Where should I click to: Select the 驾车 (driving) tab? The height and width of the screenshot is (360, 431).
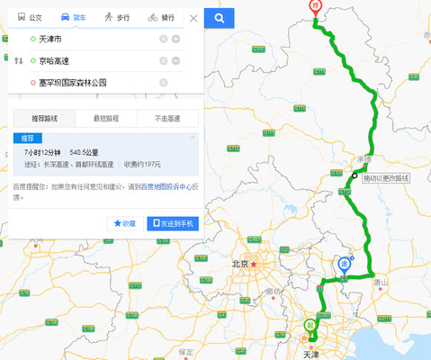pos(74,17)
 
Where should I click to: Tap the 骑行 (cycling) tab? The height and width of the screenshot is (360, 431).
pos(162,17)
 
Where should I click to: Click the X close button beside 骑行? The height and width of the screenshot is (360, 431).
pos(193,18)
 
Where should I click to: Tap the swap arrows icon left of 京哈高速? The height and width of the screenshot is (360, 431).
pos(19,61)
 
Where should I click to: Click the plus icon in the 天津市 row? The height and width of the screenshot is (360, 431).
pos(176,39)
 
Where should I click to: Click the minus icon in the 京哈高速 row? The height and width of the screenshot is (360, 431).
pos(176,61)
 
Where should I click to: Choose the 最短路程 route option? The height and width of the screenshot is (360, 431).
pos(105,118)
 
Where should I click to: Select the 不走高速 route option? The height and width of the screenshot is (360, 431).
pos(166,118)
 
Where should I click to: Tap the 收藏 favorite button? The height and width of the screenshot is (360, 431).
pos(125,223)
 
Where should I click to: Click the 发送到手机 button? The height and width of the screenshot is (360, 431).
pos(172,223)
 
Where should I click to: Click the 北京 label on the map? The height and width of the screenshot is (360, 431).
pos(239,265)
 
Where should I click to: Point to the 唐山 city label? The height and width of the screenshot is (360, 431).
pos(381,282)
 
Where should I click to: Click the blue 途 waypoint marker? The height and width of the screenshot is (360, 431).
pos(345,265)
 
